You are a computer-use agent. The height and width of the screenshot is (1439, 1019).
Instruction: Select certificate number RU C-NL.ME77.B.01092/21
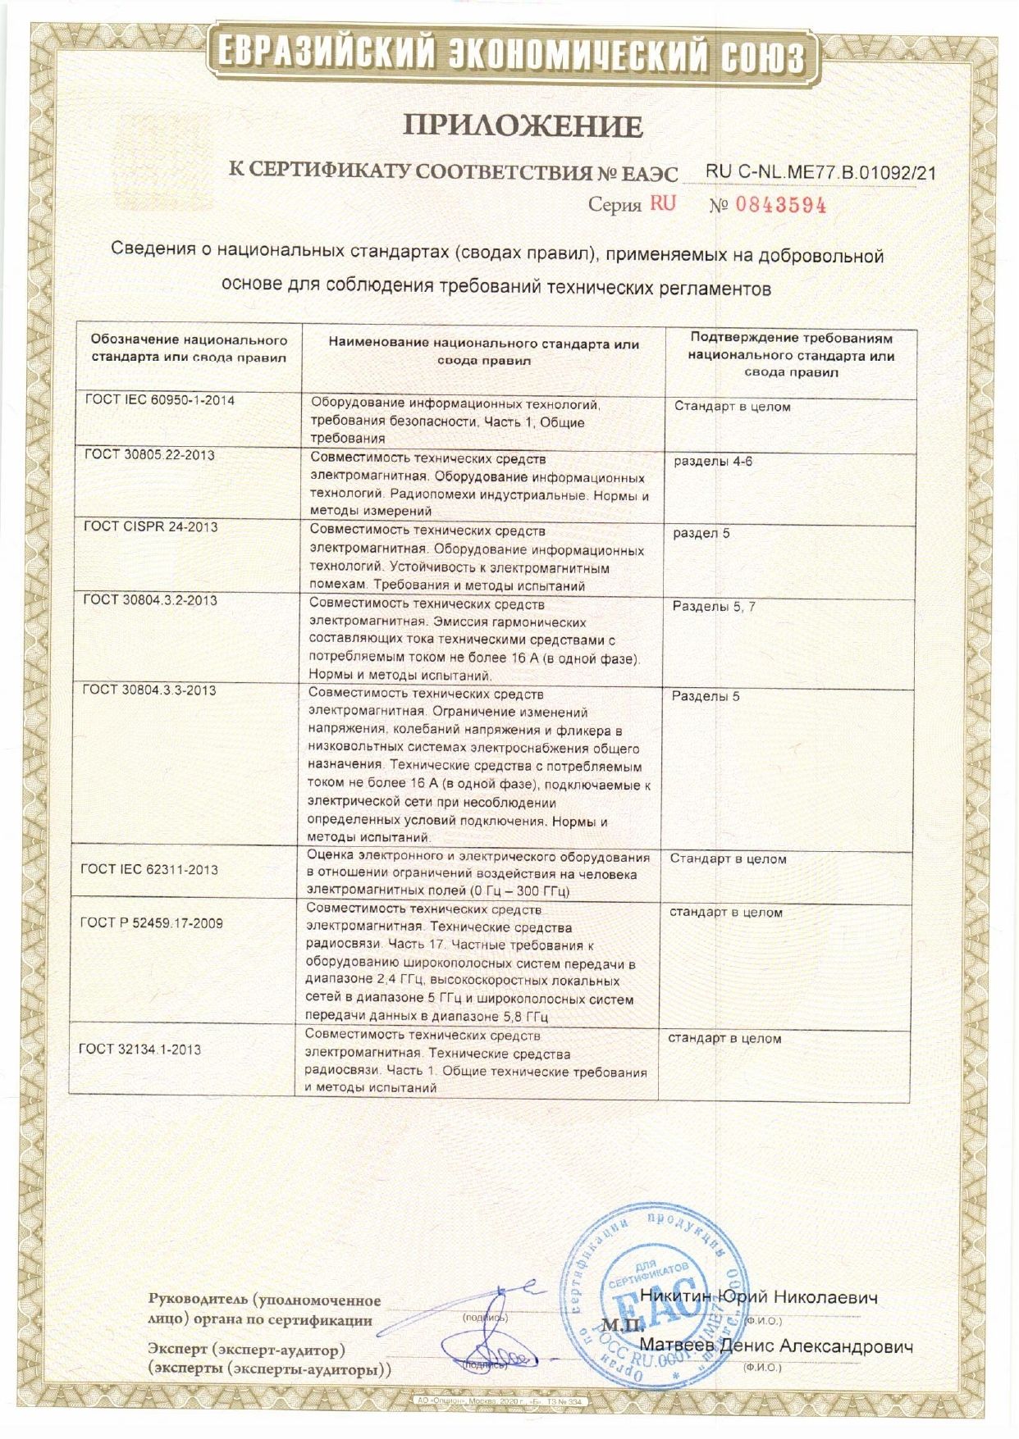pyautogui.click(x=820, y=172)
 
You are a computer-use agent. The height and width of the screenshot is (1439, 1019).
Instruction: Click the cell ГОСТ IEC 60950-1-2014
pyautogui.click(x=159, y=400)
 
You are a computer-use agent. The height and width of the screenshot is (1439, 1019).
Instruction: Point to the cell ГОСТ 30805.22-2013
pyautogui.click(x=149, y=455)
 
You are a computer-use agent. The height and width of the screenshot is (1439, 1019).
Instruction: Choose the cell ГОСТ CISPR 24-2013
pyautogui.click(x=151, y=526)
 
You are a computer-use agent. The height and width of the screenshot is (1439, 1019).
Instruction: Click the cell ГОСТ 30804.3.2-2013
pyautogui.click(x=150, y=600)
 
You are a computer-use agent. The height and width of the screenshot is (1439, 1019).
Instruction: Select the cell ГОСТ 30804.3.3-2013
pyautogui.click(x=149, y=690)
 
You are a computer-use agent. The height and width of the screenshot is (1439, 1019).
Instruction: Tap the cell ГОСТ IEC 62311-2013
pyautogui.click(x=149, y=869)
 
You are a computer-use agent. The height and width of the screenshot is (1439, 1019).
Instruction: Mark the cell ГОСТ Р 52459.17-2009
pyautogui.click(x=151, y=923)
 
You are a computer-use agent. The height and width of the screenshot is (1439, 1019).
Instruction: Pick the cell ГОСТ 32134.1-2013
pyautogui.click(x=139, y=1050)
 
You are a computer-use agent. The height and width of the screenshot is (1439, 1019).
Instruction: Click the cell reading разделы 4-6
pyautogui.click(x=713, y=462)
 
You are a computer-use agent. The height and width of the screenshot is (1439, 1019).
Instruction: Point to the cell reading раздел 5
pyautogui.click(x=701, y=533)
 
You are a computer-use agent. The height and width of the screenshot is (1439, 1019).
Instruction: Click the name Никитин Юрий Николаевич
pyautogui.click(x=758, y=1298)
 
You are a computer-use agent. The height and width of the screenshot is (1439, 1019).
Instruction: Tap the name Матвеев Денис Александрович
pyautogui.click(x=775, y=1346)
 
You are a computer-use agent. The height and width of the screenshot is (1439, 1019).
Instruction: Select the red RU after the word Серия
pyautogui.click(x=663, y=203)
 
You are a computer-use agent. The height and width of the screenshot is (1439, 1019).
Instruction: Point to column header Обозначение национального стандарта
pyautogui.click(x=189, y=348)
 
